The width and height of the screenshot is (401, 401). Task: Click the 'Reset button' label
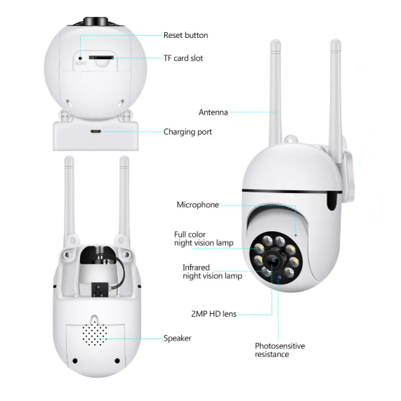point(185,35)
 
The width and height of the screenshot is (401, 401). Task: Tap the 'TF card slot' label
point(183,58)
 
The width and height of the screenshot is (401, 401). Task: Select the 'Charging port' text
point(188,132)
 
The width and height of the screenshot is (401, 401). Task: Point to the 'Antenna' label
point(213,112)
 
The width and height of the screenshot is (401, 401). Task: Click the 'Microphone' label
point(197,205)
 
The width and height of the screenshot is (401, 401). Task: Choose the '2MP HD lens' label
point(213,314)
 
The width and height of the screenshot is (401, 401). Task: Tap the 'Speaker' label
point(177,338)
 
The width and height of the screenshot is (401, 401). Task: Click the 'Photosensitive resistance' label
point(280,350)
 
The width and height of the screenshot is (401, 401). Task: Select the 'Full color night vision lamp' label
point(204,239)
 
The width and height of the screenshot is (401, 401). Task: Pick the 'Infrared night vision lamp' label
point(212,272)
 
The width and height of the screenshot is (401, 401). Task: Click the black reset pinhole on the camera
point(80,58)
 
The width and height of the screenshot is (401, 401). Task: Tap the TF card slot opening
point(101,58)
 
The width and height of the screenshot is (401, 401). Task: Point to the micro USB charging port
point(95,131)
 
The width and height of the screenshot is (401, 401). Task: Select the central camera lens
point(273,261)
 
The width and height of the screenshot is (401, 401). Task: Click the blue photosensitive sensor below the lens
point(279,278)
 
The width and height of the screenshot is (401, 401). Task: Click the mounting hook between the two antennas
point(291,140)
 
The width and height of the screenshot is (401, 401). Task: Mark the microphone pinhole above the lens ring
point(296,235)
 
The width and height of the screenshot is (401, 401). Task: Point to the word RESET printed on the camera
point(81,64)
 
